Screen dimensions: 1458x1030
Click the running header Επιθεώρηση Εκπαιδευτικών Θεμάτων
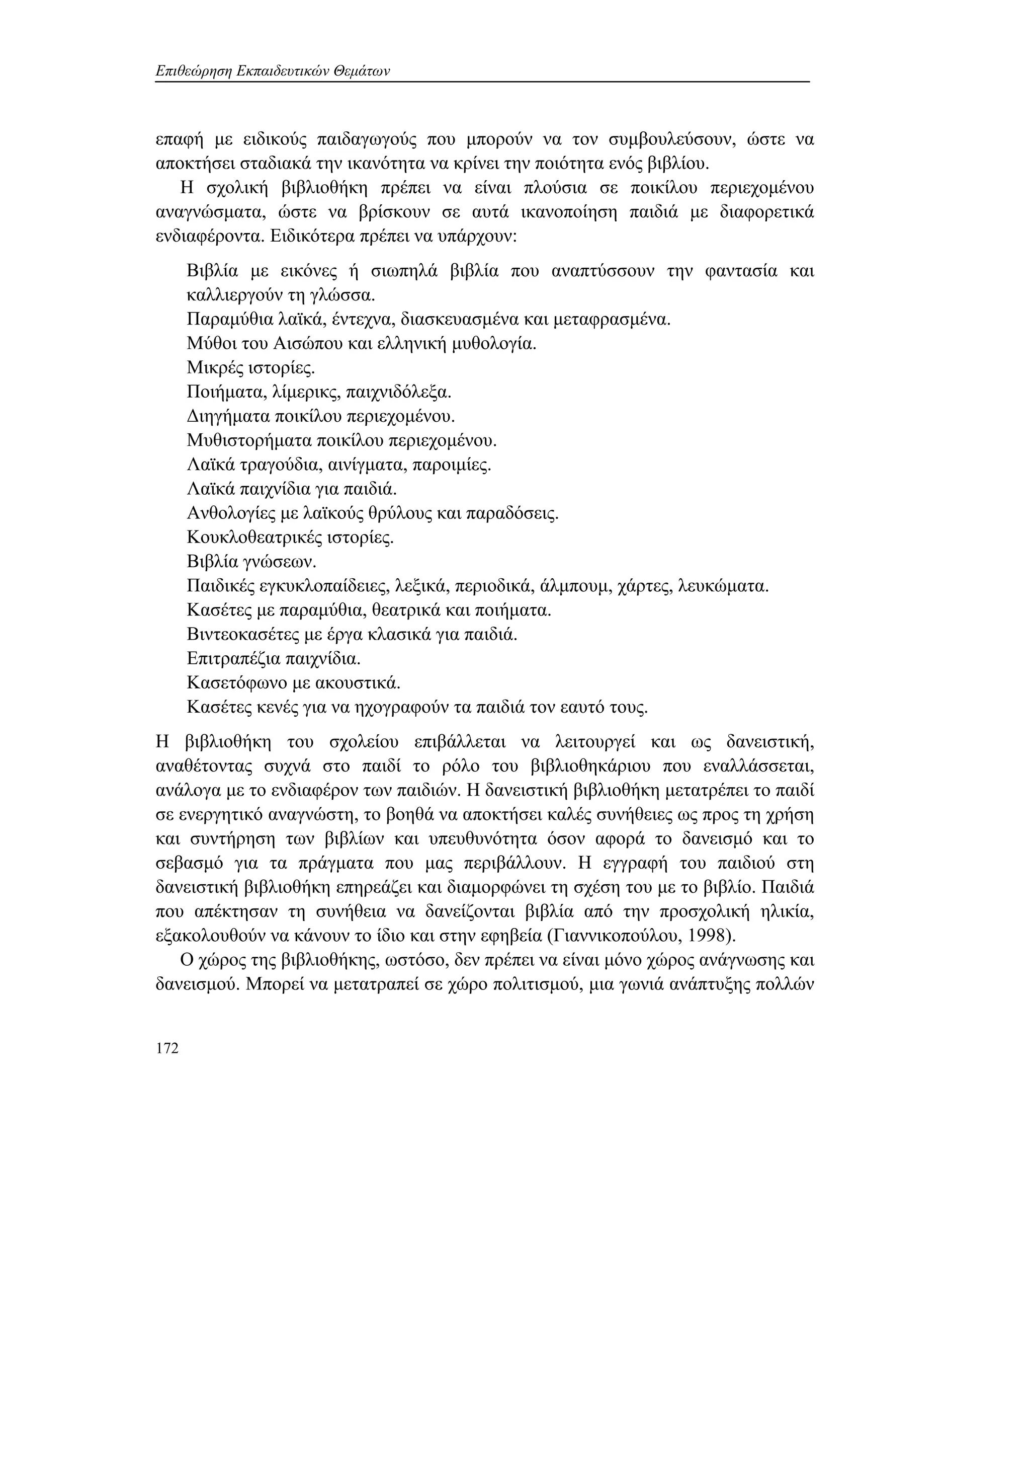click(272, 71)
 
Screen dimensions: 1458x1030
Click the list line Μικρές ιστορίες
click(250, 368)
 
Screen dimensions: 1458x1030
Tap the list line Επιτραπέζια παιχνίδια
click(274, 658)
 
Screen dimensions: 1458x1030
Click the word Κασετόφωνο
click(235, 682)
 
